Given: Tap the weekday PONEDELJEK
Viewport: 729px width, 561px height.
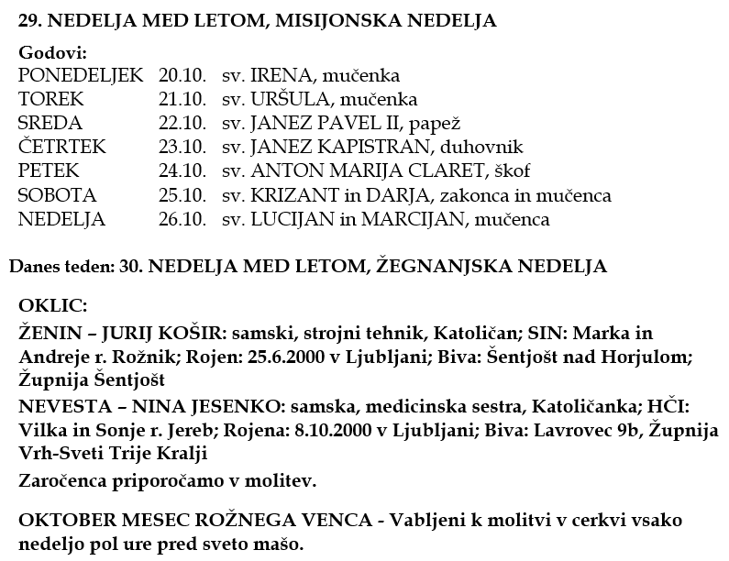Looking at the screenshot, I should [x=81, y=75].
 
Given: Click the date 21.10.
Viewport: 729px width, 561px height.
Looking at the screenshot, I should [x=182, y=99].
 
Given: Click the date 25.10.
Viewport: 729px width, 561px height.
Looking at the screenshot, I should [x=182, y=195].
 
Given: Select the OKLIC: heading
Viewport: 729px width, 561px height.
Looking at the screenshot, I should [x=53, y=304].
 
